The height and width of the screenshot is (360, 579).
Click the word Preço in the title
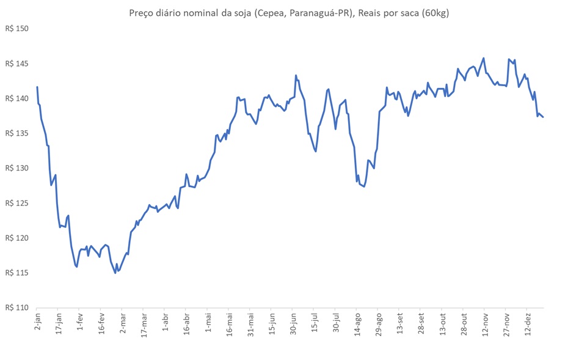point(142,13)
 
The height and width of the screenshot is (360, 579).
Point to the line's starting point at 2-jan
point(37,87)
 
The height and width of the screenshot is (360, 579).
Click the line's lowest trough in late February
point(115,273)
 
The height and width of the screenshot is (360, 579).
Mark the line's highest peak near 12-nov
point(484,58)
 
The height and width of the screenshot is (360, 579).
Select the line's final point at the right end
point(543,117)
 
